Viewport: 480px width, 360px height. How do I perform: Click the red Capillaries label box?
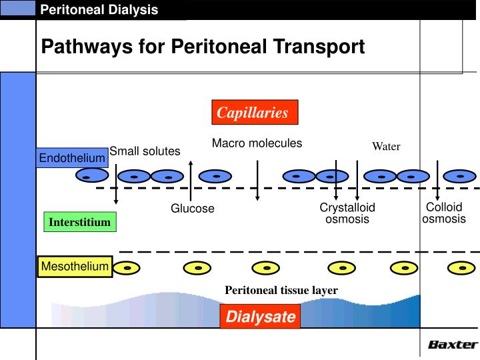(254, 113)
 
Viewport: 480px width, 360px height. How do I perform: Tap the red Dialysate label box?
(260, 317)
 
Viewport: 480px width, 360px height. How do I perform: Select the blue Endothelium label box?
(72, 158)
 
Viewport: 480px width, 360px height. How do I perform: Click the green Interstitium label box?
(79, 222)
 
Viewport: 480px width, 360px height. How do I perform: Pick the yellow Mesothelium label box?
(74, 267)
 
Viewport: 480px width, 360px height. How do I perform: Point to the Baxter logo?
(453, 345)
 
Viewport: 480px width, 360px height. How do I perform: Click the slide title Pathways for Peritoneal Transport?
(203, 47)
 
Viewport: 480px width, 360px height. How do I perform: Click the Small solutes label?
(145, 151)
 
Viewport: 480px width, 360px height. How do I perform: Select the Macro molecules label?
(257, 143)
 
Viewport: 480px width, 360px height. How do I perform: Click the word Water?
(386, 147)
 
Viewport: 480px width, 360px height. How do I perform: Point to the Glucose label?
(193, 209)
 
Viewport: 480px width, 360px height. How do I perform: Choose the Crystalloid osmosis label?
(347, 213)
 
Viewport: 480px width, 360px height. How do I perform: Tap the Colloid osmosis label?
(444, 213)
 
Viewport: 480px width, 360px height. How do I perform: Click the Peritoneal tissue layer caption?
(281, 290)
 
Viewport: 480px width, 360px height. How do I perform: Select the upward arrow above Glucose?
(191, 180)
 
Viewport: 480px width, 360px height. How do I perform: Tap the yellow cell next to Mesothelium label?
(126, 268)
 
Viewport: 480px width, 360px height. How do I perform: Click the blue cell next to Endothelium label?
(91, 176)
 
